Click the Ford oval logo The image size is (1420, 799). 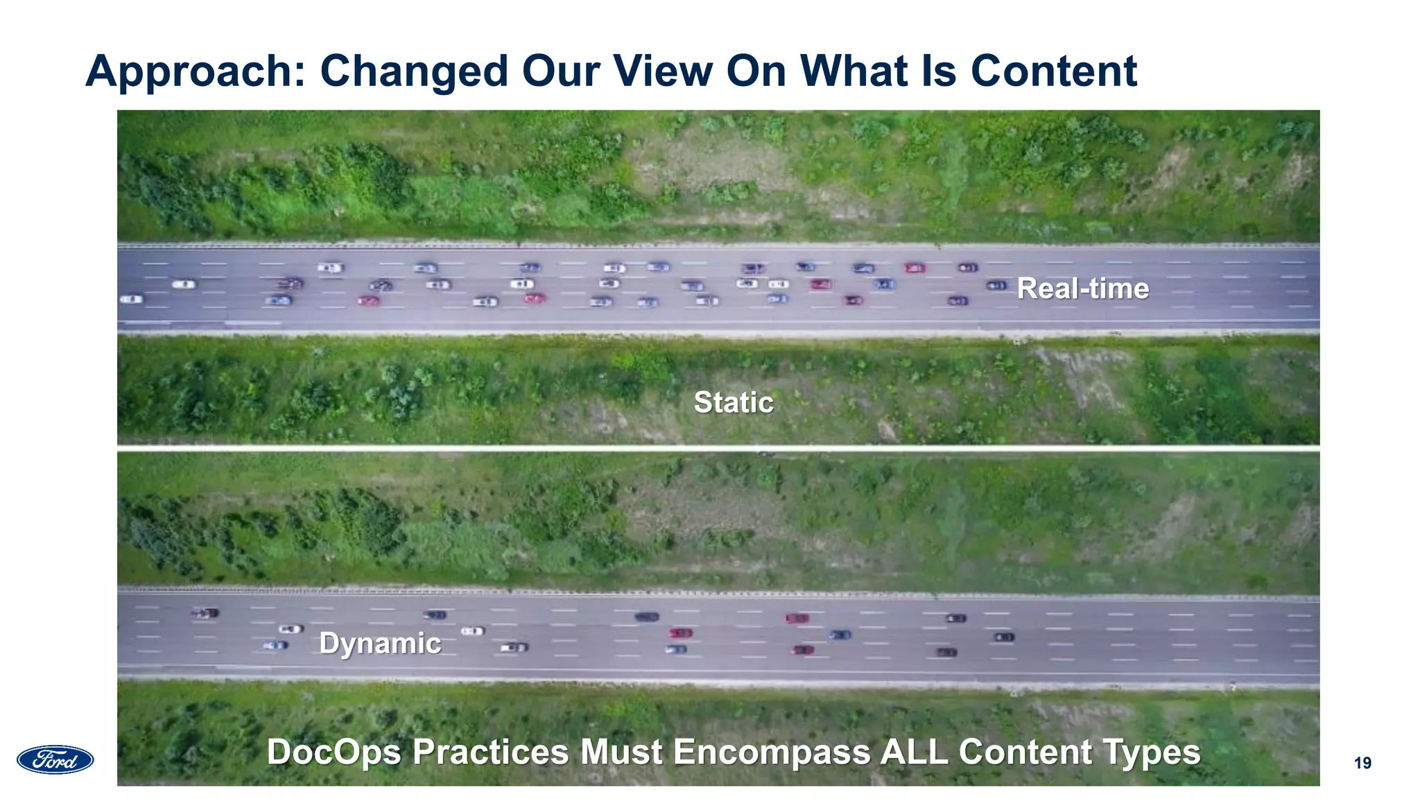coord(55,759)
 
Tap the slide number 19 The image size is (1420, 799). coord(1362,764)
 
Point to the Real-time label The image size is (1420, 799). coord(1082,289)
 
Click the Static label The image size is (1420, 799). coord(734,402)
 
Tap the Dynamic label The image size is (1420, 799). coord(380,644)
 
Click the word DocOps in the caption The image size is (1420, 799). coord(334,753)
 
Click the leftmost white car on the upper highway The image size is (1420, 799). coord(131,300)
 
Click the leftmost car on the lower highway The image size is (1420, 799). coord(205,613)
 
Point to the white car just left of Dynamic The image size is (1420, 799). coord(291,629)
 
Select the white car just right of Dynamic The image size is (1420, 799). coord(473,631)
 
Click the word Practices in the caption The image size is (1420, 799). coord(490,753)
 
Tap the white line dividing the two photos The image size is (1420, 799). coord(718,449)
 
